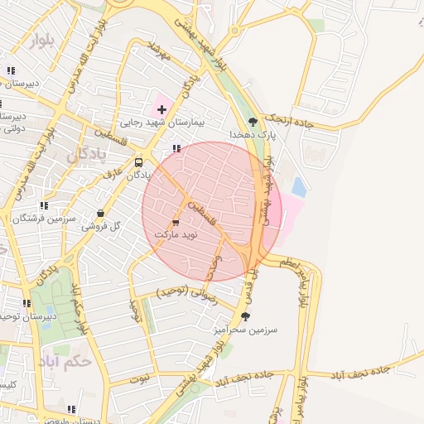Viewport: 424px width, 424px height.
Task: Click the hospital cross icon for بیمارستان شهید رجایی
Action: [x=161, y=109]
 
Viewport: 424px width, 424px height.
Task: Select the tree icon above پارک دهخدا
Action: [x=264, y=121]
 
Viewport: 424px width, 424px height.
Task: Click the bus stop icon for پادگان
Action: [x=138, y=162]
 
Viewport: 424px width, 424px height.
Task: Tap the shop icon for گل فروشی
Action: [x=100, y=213]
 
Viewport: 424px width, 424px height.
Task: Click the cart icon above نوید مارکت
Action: [x=176, y=223]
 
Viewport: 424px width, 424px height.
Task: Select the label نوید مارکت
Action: [x=176, y=235]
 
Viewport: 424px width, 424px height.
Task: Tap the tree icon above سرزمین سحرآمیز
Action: [x=245, y=316]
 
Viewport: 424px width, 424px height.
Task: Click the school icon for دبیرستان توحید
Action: [x=27, y=303]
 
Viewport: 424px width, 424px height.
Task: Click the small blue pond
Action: [x=298, y=187]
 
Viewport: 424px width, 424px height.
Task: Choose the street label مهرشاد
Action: [x=157, y=51]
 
